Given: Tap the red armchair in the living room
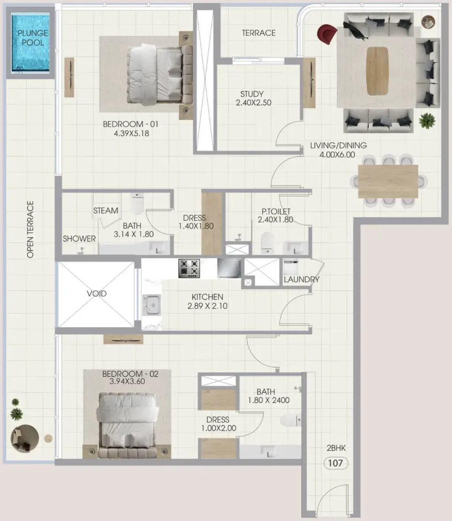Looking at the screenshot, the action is coord(327,34).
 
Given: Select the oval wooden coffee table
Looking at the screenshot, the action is coord(377,71).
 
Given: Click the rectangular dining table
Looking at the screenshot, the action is coord(388,181).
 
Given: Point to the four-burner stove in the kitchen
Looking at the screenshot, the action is coord(189,268).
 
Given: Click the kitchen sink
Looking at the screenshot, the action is coord(152,305).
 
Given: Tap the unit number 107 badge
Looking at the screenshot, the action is coord(335,463).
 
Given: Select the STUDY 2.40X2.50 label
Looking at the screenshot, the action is coord(253,98).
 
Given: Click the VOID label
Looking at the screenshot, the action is coord(97,294).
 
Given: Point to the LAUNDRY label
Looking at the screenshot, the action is coord(301,279).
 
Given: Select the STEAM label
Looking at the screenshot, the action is coord(105,211).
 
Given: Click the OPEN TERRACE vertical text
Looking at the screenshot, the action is coord(30,229).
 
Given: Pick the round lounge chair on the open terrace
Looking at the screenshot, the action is coord(25,438).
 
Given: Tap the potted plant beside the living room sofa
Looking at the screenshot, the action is coord(427,121).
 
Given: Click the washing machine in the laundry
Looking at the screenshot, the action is coord(291,267).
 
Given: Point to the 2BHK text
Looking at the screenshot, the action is coord(336,448).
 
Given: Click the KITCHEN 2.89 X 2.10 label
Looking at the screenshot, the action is coord(207,302).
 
